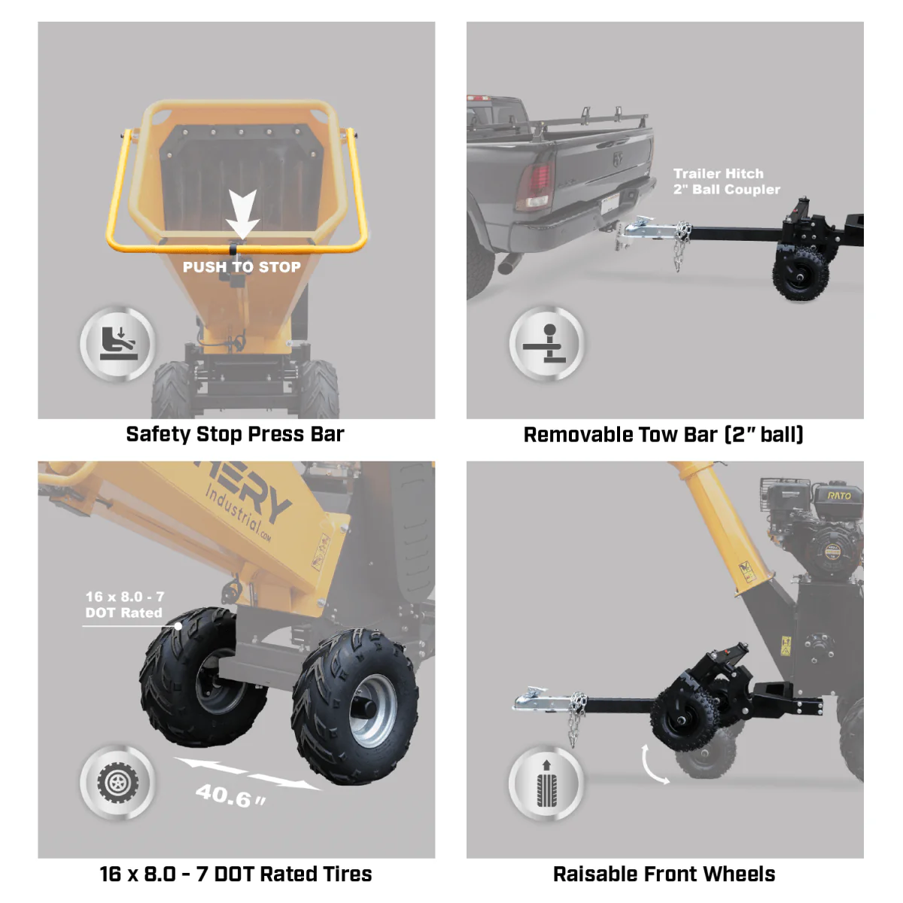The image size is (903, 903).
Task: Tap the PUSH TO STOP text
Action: click(242, 267)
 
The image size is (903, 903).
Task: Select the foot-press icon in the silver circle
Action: click(118, 344)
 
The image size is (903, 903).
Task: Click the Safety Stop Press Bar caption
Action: click(235, 434)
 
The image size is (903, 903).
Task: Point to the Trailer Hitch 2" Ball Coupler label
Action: click(725, 181)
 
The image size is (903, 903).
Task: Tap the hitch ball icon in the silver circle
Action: click(547, 344)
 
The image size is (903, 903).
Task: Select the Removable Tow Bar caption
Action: click(663, 435)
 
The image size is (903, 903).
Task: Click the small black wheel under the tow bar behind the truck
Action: click(800, 274)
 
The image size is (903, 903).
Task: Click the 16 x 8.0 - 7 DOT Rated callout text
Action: click(124, 605)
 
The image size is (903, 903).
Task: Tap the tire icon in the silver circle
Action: click(118, 783)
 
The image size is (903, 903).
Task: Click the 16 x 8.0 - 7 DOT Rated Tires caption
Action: click(236, 874)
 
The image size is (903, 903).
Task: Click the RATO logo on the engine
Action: click(838, 495)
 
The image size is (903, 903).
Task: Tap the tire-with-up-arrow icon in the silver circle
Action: click(547, 783)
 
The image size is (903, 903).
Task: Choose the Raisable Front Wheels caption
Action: click(664, 874)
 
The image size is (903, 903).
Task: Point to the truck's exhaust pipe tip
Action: click(509, 265)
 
